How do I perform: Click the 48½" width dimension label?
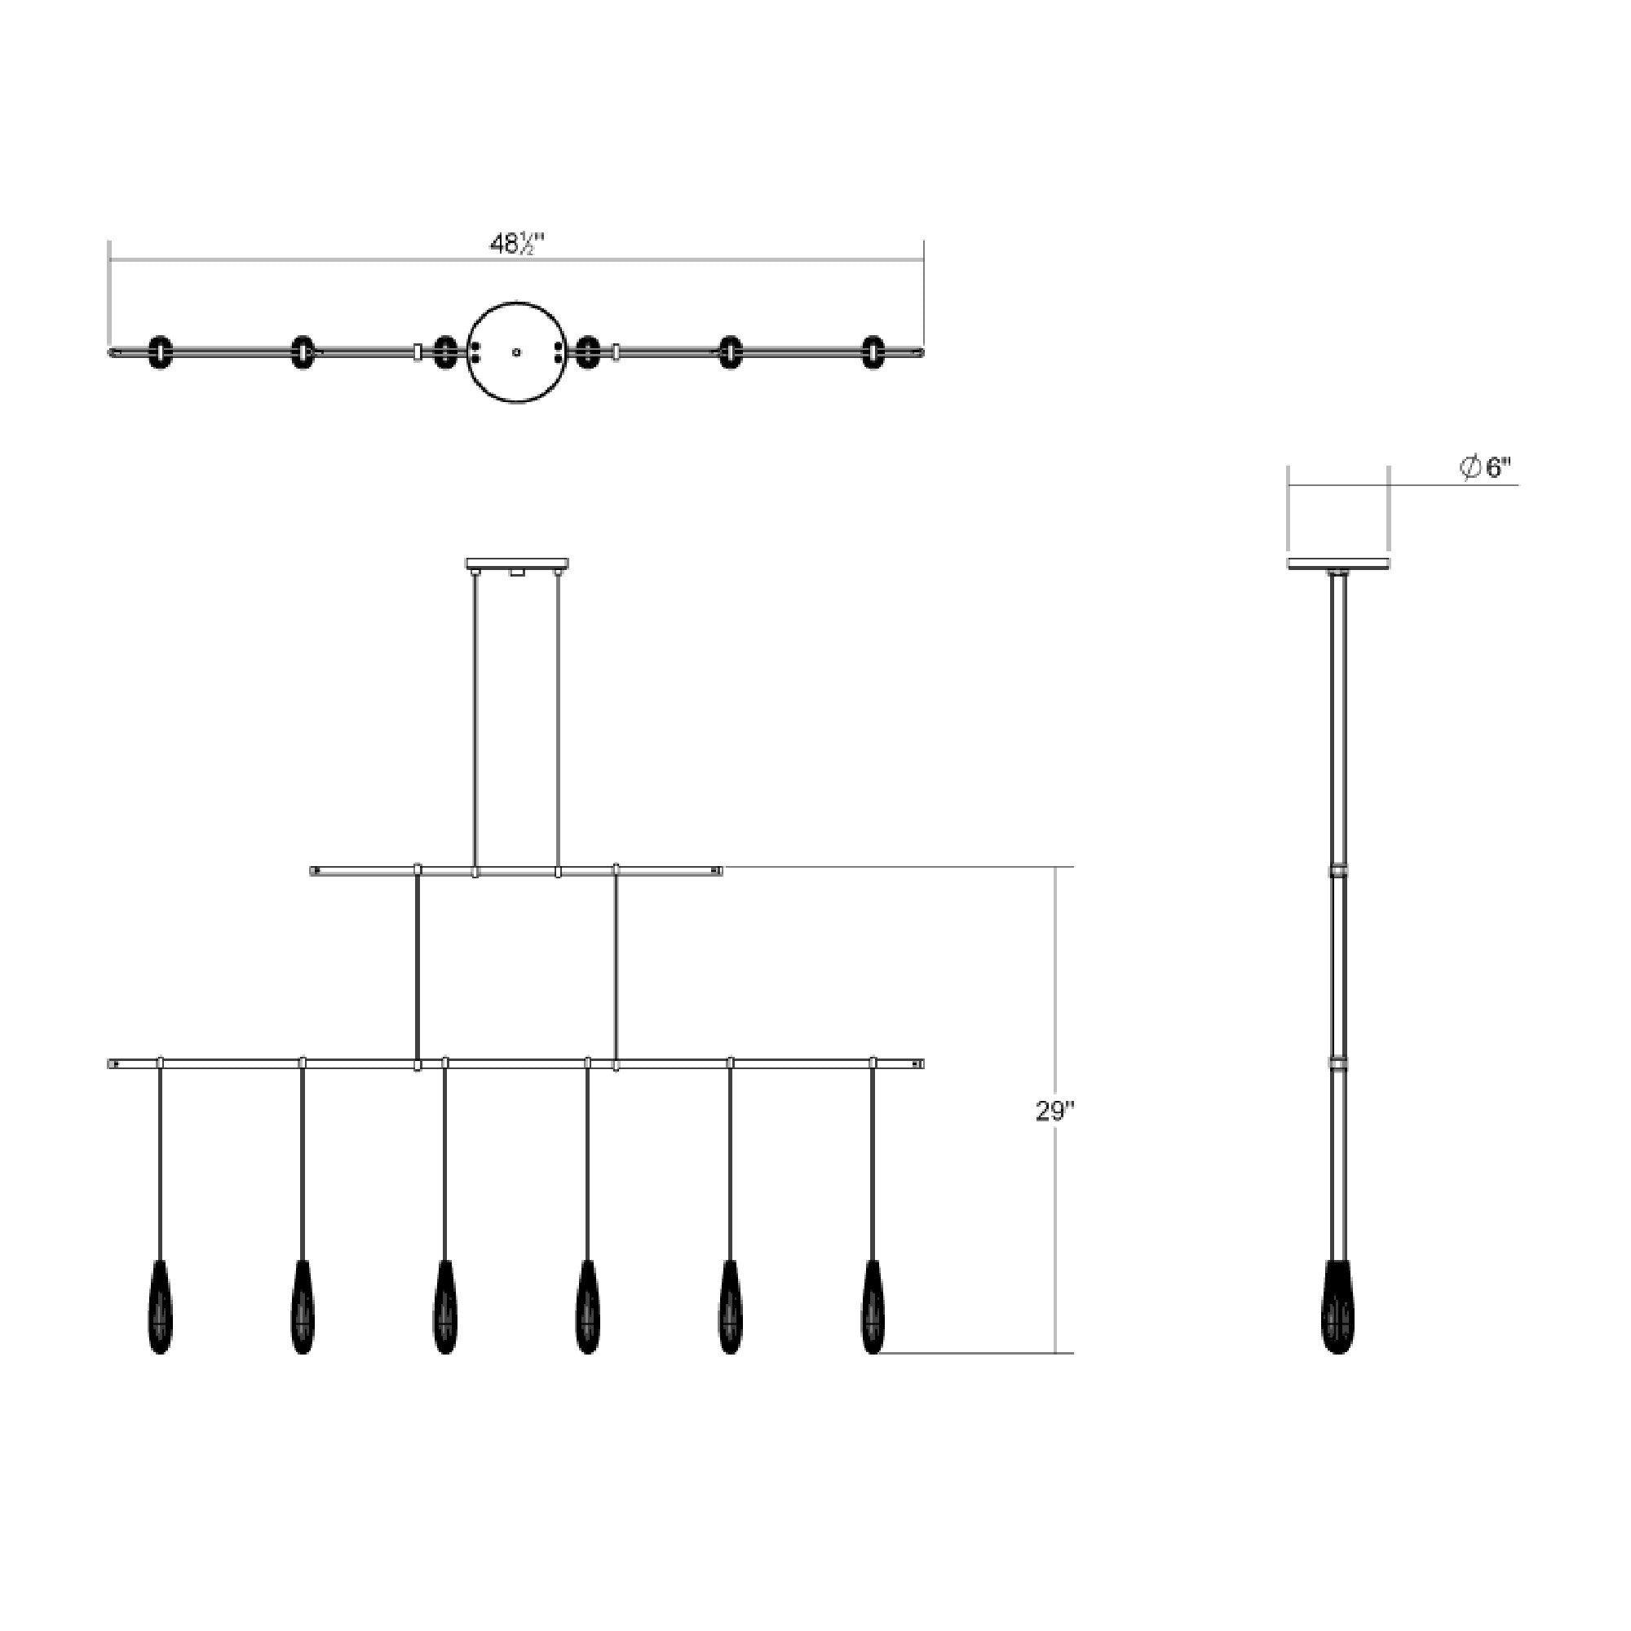(517, 244)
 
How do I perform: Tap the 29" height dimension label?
(1054, 1112)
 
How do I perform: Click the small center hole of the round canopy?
(517, 351)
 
